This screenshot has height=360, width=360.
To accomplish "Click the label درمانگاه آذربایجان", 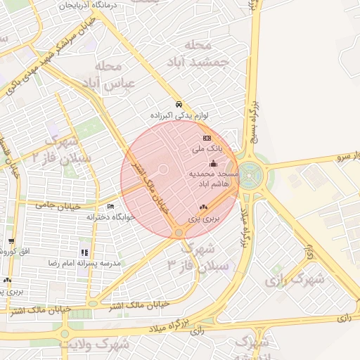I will click(105, 5).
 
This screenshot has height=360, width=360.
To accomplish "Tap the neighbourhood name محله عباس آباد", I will click(117, 75).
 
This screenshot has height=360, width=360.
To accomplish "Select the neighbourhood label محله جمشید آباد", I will click(197, 53).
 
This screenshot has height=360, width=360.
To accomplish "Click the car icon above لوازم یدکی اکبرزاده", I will click(179, 102).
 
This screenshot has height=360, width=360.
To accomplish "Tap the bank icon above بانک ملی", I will click(207, 138).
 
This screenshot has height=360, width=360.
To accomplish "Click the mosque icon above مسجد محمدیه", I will click(214, 163).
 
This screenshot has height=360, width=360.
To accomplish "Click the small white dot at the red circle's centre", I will click(163, 169).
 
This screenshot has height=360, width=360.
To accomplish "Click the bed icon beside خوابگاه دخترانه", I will click(110, 206).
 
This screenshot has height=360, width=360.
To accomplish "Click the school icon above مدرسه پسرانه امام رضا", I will click(85, 252).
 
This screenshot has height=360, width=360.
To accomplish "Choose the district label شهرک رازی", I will click(295, 279).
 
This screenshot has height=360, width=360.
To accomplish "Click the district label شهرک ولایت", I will click(95, 345).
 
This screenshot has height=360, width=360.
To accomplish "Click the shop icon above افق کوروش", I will click(12, 241).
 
